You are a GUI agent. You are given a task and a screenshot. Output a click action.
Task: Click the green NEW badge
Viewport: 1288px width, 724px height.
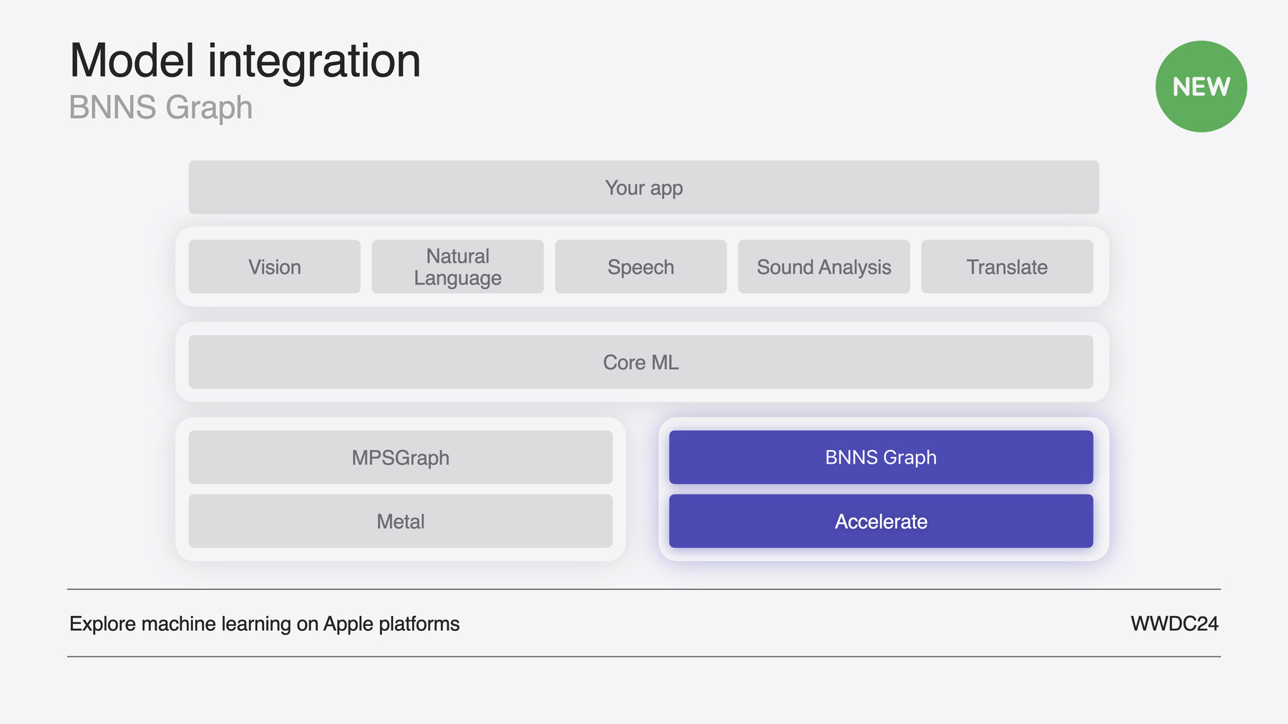[1201, 87]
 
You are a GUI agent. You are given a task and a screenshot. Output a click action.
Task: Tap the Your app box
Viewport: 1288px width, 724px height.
[644, 187]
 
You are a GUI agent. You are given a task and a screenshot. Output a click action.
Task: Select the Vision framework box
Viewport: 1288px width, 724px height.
[275, 267]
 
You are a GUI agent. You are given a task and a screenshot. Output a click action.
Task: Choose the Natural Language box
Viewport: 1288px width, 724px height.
[458, 267]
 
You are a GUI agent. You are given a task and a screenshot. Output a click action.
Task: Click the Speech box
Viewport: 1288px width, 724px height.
[641, 267]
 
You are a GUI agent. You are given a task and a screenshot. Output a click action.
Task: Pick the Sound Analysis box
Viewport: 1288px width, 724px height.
[824, 267]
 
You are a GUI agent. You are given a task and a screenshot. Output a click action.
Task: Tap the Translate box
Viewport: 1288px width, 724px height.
[1008, 267]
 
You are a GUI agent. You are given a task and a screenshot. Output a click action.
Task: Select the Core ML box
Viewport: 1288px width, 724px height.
[641, 362]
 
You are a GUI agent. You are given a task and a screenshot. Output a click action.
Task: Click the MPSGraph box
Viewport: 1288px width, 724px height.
[401, 457]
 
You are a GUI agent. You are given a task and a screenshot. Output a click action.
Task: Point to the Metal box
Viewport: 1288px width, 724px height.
[401, 521]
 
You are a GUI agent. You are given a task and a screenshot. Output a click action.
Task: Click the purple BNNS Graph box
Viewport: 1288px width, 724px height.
[881, 457]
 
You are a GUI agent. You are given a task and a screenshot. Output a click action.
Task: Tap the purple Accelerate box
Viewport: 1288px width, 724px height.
[881, 521]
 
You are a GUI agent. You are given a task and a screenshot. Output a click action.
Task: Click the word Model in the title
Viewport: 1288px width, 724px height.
[132, 61]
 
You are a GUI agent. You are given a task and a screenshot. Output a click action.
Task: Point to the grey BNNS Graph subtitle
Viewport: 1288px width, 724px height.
[161, 108]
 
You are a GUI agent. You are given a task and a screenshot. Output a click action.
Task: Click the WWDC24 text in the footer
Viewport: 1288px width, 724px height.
[1174, 624]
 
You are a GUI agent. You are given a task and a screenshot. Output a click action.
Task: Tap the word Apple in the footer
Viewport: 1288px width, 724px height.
[348, 625]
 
